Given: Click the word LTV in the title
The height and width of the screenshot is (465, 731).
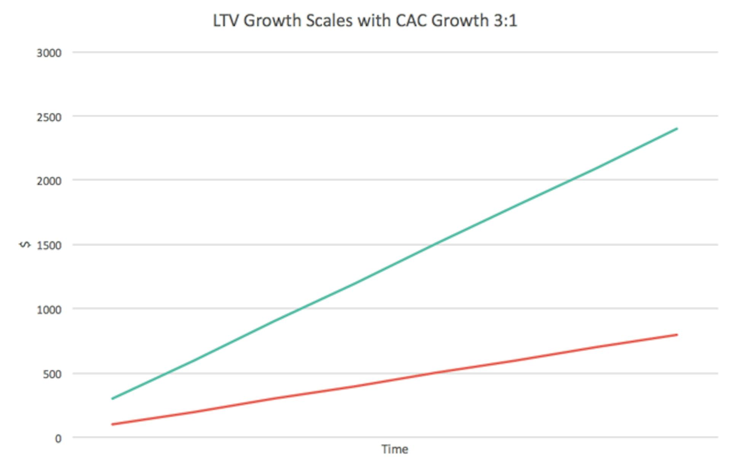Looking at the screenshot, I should (225, 21).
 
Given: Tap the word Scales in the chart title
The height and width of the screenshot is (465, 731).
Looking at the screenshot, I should (329, 21).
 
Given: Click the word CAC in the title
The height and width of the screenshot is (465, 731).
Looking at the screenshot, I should (410, 21).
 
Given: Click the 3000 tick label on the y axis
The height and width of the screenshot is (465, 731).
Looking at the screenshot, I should (49, 53).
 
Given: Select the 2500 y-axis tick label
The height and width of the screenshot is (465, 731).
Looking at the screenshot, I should (49, 117).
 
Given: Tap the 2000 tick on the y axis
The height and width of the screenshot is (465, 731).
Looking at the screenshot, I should (49, 181).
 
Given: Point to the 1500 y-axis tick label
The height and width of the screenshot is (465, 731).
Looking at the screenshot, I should (49, 246).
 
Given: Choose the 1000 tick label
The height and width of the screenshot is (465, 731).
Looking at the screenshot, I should (49, 310).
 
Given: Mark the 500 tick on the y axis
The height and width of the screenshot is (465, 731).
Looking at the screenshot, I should (52, 374).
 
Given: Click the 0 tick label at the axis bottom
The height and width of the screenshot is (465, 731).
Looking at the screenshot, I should (58, 439).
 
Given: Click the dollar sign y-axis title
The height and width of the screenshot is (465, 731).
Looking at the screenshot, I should (25, 244).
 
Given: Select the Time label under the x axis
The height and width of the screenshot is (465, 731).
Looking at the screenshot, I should (395, 449).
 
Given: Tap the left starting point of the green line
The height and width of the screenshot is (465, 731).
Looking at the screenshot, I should (112, 399).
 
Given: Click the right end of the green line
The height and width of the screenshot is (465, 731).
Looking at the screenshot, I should (677, 129).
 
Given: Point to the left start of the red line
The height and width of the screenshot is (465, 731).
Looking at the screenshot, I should (112, 424).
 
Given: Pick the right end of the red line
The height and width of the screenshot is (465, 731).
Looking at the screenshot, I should (677, 335).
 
